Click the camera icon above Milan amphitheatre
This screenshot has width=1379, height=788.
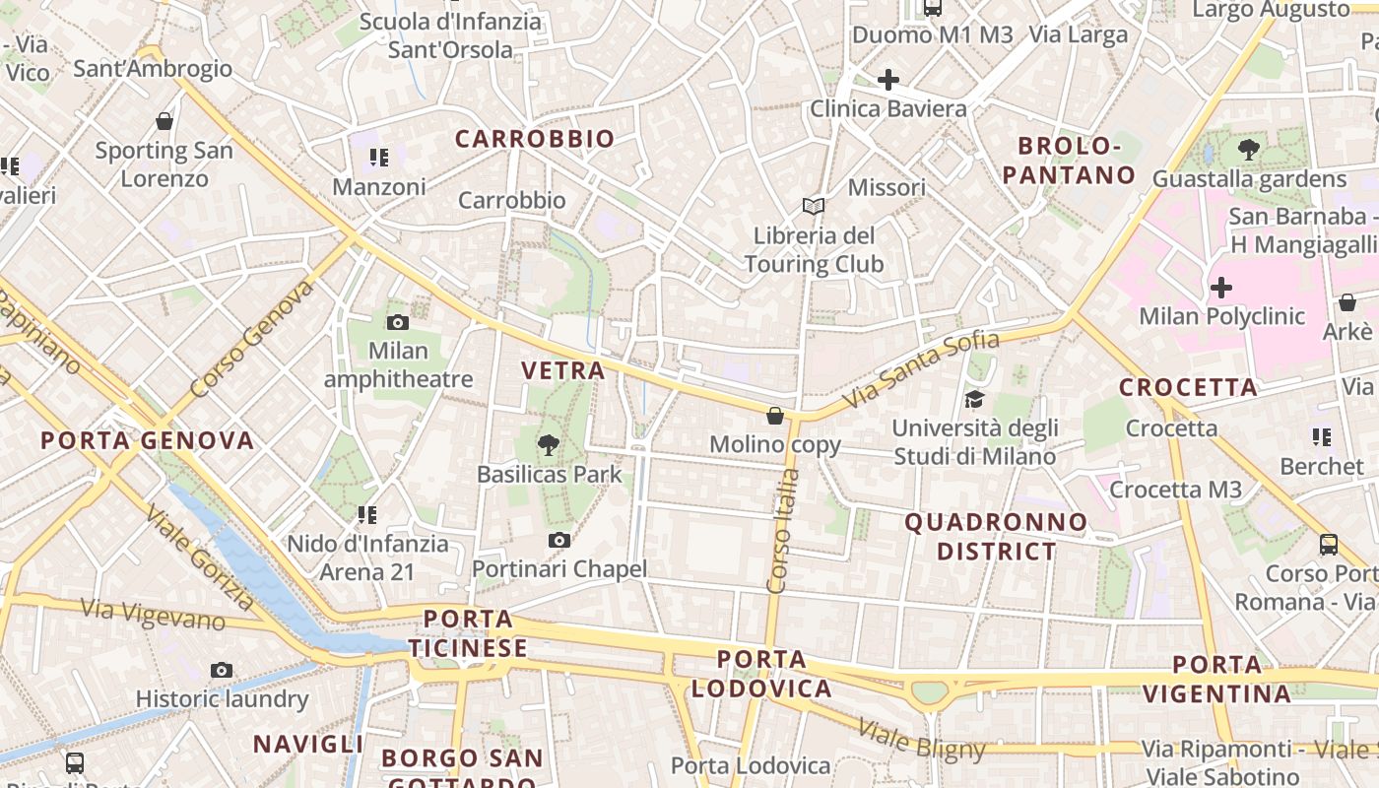[398, 322]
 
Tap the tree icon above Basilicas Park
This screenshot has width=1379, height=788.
[549, 445]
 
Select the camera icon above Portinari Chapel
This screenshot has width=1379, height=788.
[559, 540]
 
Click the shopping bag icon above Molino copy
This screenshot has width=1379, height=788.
[775, 416]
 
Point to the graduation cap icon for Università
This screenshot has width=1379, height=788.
[974, 399]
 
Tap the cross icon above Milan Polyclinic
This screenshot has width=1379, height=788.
[1221, 288]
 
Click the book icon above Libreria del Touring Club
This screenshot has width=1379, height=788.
[813, 207]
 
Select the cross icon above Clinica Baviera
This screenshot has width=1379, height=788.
[888, 80]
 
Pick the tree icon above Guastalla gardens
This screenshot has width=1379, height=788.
[1249, 151]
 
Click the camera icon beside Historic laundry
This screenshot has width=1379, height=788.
[222, 671]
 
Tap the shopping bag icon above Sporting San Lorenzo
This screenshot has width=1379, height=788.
[164, 122]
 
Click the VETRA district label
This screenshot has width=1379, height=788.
[563, 370]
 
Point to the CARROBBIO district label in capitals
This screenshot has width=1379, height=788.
[535, 139]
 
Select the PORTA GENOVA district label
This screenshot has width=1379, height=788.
[148, 440]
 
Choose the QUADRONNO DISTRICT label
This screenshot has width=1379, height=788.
[996, 536]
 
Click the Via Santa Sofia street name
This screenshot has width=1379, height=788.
[923, 369]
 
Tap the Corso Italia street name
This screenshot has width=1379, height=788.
[784, 531]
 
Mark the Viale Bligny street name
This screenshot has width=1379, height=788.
[921, 740]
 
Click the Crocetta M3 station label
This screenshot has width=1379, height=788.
[1176, 490]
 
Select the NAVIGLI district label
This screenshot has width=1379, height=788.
[308, 744]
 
